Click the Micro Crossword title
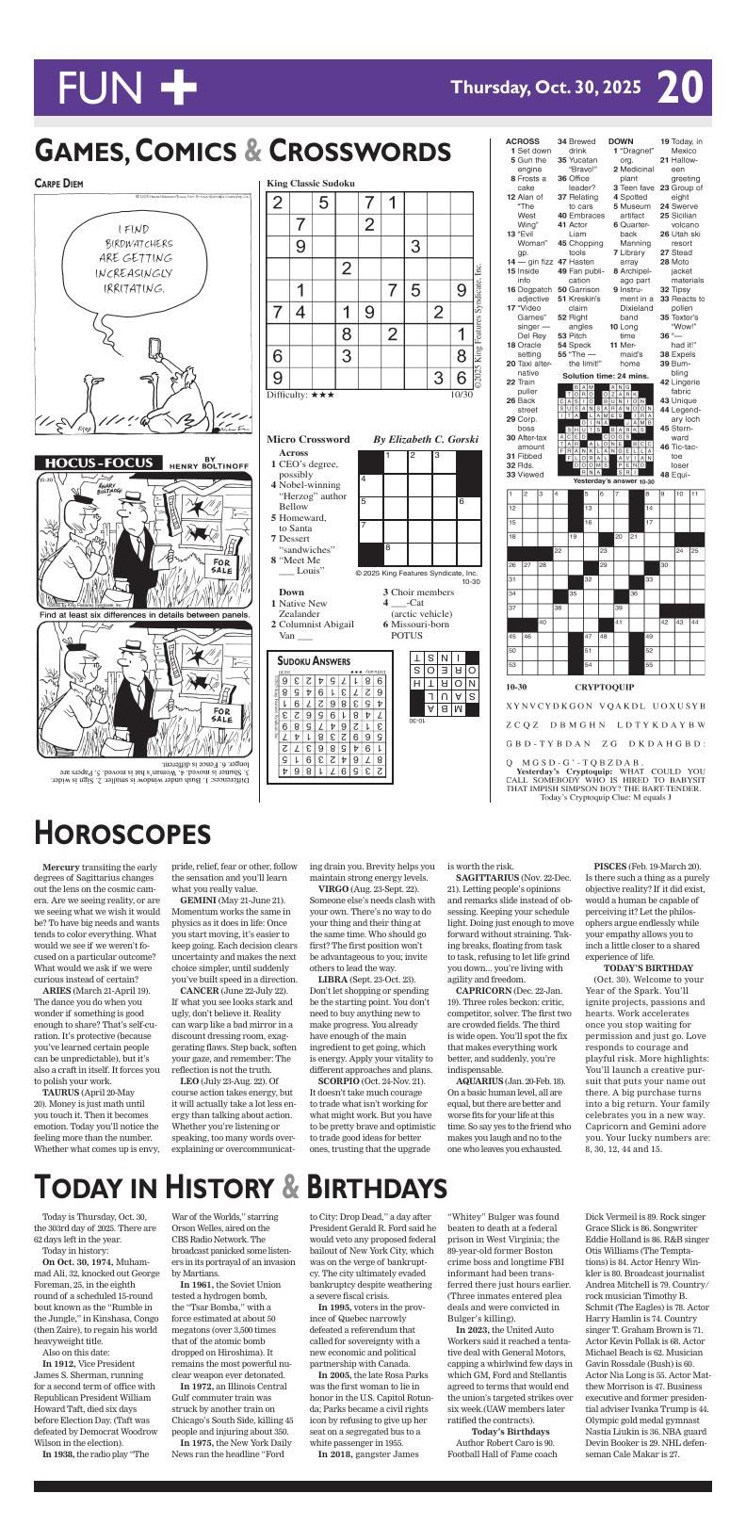tap(308, 439)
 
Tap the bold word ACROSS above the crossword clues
tap(523, 141)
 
